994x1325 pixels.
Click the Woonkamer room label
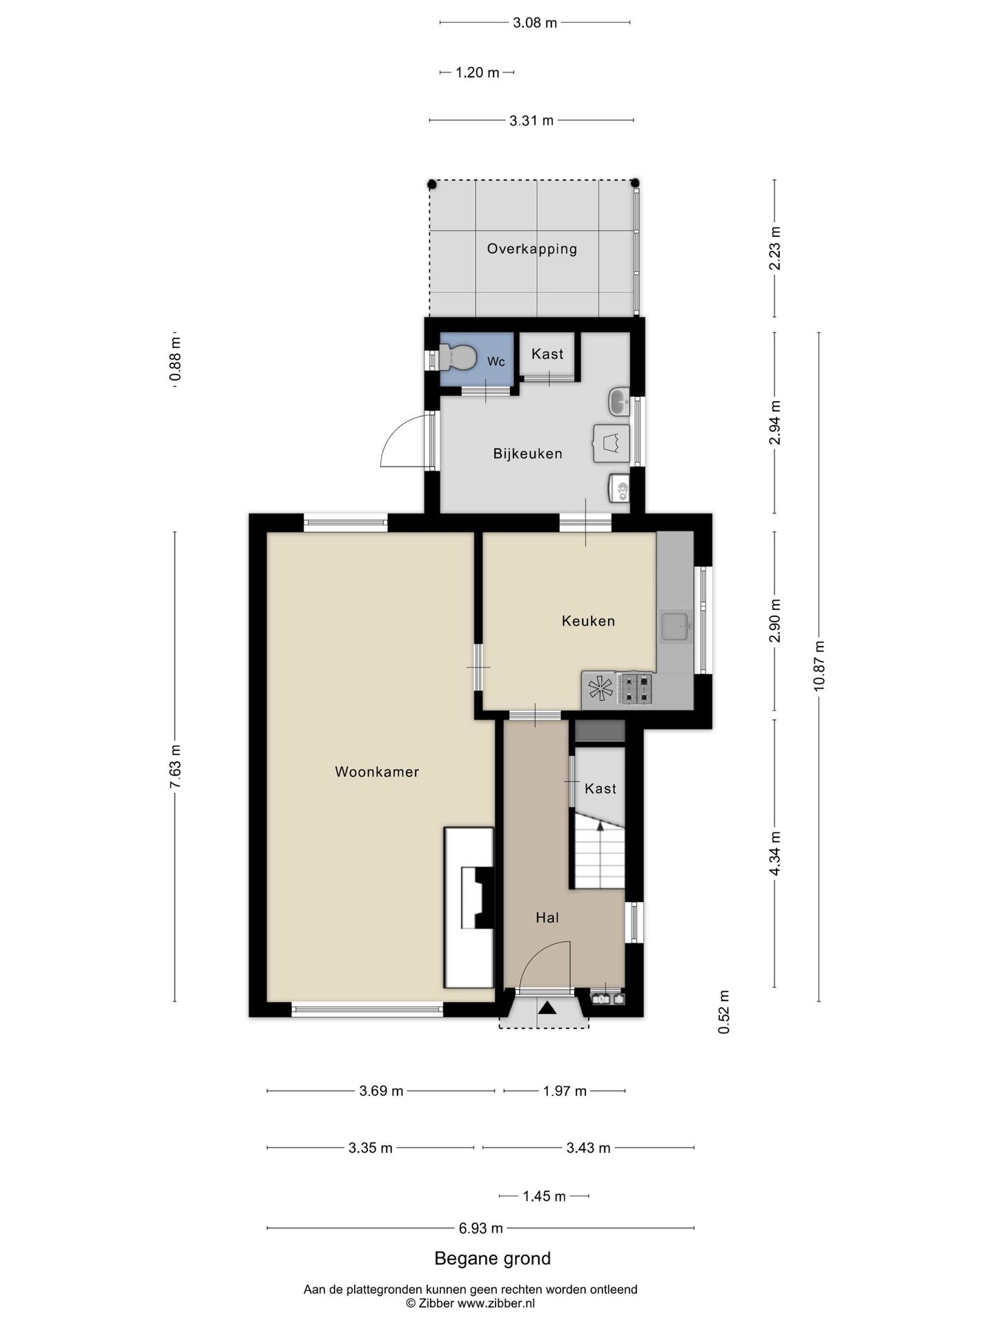(x=377, y=772)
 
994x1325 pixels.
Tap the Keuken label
(x=588, y=621)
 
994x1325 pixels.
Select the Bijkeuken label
(x=527, y=453)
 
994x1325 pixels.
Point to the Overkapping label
(x=532, y=249)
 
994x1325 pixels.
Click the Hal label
(x=547, y=917)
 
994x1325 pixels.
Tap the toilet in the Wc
(x=458, y=357)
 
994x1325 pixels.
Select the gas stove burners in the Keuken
(x=635, y=688)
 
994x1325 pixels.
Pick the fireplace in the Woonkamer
(x=469, y=907)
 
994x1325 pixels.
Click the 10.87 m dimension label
(x=819, y=666)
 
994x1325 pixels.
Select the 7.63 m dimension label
(x=175, y=766)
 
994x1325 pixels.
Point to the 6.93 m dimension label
(x=481, y=1228)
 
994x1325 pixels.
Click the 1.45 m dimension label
(x=544, y=1196)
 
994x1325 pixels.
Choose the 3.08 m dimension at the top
(x=535, y=23)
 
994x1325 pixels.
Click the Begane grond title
(x=492, y=1258)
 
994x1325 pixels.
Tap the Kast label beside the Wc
(x=547, y=354)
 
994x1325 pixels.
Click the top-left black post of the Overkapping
(x=432, y=184)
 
